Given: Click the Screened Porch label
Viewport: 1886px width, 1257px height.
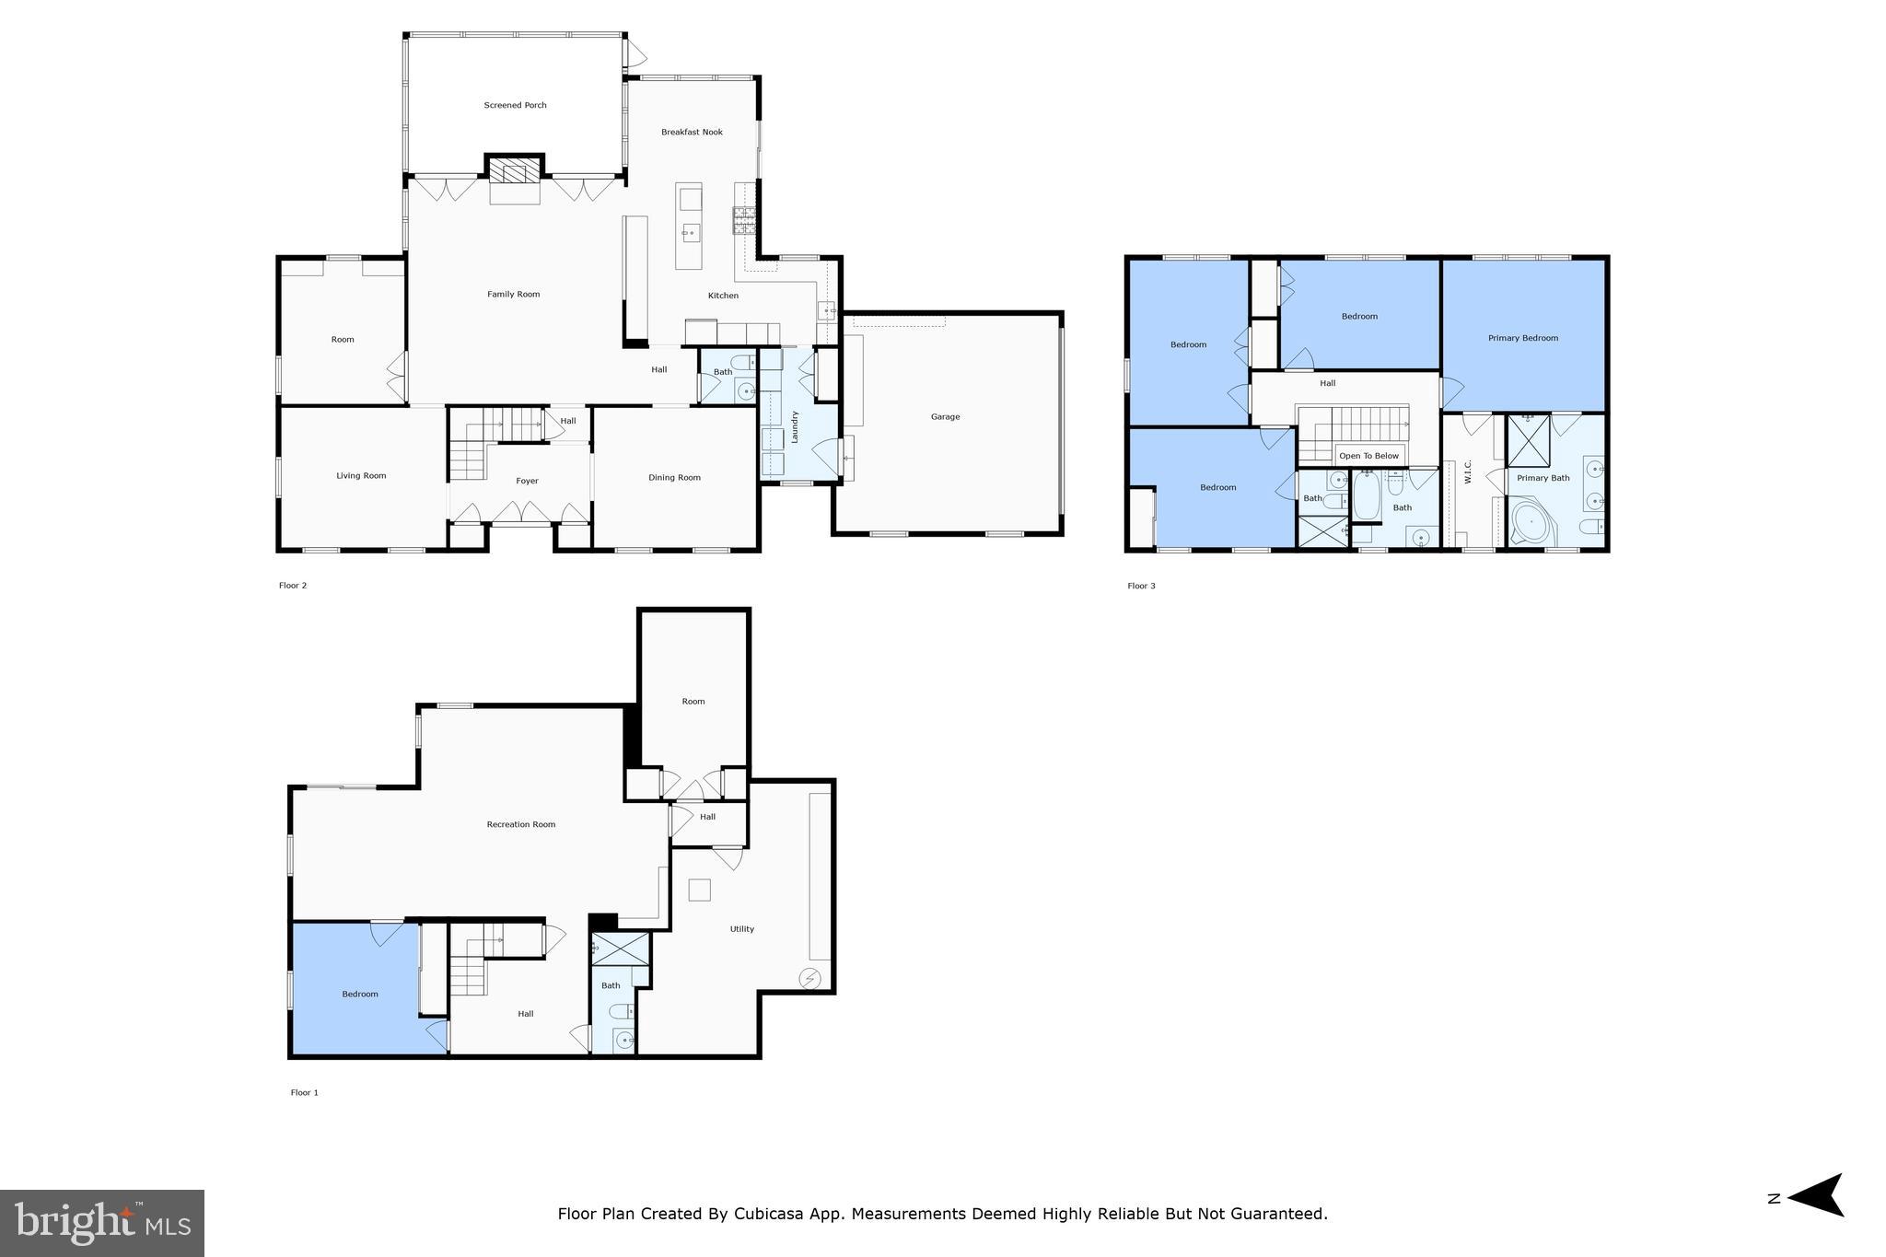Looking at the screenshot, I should click(515, 105).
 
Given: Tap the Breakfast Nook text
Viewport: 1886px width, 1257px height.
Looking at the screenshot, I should click(692, 132).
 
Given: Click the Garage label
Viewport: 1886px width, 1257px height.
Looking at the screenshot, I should click(945, 416).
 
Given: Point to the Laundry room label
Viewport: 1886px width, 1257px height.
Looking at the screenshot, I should click(794, 426).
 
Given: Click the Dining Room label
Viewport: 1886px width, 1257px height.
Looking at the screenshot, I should click(674, 477).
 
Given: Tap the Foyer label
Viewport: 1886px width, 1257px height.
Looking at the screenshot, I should click(527, 481).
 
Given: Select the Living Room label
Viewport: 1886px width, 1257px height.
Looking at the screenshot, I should click(361, 475).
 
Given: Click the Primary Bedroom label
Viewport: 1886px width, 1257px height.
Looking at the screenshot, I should click(1523, 338).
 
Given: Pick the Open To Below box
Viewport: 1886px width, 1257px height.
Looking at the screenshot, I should click(1368, 456).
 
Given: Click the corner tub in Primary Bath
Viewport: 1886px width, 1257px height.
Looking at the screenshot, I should click(1531, 524).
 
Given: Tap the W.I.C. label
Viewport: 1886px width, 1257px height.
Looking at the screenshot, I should click(1468, 471).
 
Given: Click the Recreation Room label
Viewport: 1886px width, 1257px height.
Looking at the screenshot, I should click(521, 824).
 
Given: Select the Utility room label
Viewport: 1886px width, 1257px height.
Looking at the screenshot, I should click(742, 929).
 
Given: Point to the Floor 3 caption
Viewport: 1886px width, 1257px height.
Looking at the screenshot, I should click(1141, 586).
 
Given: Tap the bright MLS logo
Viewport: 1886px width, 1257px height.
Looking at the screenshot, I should click(102, 1223).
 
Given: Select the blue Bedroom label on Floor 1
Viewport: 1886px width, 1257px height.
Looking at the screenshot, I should click(360, 994).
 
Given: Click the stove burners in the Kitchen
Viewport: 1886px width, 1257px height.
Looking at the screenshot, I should click(743, 219).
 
